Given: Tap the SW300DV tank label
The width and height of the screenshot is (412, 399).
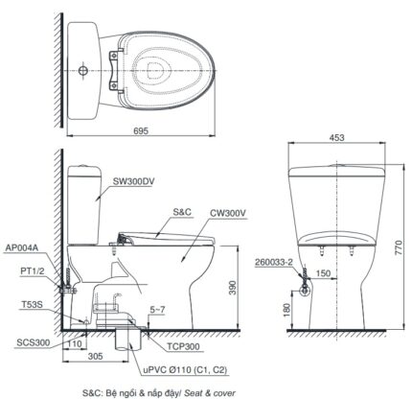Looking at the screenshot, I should (134, 180).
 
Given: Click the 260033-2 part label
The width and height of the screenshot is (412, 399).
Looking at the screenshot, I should (274, 261).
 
